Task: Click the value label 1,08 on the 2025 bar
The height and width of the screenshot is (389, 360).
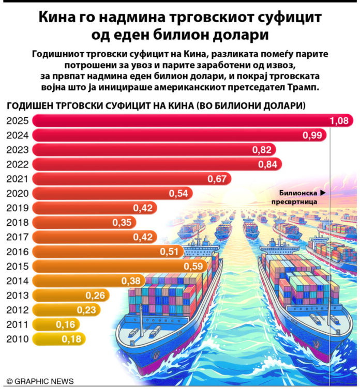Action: click(340, 121)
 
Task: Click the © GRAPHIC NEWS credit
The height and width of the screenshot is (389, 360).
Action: click(40, 381)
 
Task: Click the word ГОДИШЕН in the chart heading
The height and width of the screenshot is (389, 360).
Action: click(29, 106)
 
